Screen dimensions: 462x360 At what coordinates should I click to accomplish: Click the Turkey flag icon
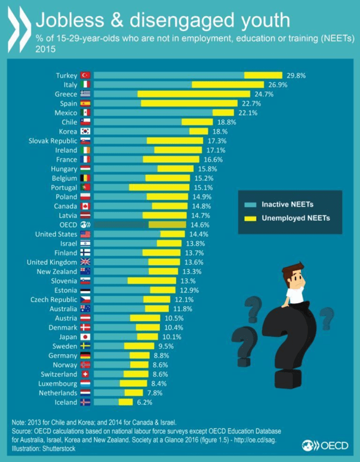coord(85,75)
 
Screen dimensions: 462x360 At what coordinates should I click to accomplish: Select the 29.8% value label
coord(295,75)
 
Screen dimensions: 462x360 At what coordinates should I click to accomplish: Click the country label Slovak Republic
coord(52,141)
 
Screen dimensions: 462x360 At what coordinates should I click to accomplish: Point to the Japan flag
coord(85,337)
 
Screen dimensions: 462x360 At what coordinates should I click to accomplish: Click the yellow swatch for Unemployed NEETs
coord(249,219)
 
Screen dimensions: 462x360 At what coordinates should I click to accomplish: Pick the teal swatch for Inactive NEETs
coord(249,205)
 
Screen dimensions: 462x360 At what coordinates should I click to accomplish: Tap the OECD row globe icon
coord(85,225)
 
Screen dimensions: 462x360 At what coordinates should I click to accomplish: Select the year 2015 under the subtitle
coord(45,49)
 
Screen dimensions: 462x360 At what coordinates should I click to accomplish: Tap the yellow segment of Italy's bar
coord(228,85)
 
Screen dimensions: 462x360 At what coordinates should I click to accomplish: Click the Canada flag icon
coord(85,206)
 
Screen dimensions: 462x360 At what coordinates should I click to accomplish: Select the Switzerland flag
coord(85,374)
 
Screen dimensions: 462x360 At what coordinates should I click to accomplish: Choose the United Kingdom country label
coord(52,262)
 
